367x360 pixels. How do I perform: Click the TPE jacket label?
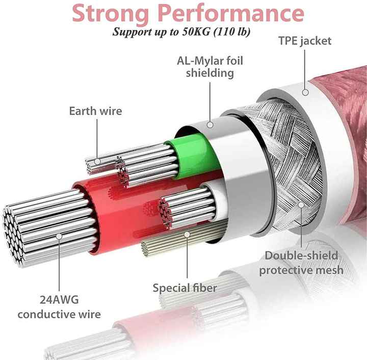[x=305, y=41]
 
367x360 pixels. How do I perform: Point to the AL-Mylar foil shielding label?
[x=210, y=67]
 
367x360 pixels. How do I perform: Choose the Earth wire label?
[x=95, y=111]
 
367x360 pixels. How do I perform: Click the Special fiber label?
[x=185, y=288]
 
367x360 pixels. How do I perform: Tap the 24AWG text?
[x=59, y=300]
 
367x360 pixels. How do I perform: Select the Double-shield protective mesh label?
[x=301, y=263]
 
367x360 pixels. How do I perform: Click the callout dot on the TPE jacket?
[x=305, y=92]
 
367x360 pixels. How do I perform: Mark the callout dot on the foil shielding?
[x=210, y=125]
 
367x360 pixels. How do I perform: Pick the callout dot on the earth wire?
[x=97, y=161]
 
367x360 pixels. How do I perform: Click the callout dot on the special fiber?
[x=187, y=234]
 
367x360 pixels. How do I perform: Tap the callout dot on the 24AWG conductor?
[x=59, y=237]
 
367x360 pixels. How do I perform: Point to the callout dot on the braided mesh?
[x=301, y=205]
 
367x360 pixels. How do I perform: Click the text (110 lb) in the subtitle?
[x=232, y=32]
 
